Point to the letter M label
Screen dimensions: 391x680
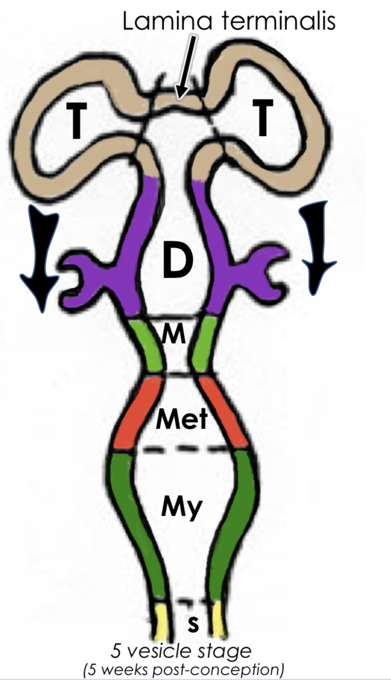[x=173, y=336]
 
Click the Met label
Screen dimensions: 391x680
[x=181, y=418]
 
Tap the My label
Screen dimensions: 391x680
[x=181, y=507]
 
